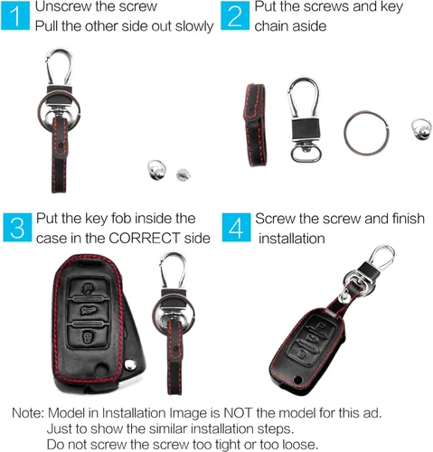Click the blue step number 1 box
point(15,15)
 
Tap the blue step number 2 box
point(235,15)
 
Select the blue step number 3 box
point(17,228)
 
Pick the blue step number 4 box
point(236,228)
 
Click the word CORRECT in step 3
point(144,239)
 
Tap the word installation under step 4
point(292,239)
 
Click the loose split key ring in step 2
point(366,133)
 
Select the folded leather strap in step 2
point(255,125)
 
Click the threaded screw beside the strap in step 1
point(184,174)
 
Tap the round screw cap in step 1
point(156,170)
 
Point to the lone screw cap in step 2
point(421,129)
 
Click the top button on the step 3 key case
point(88,288)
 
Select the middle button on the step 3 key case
point(88,311)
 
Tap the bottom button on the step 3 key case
point(88,336)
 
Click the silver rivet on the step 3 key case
point(130,364)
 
